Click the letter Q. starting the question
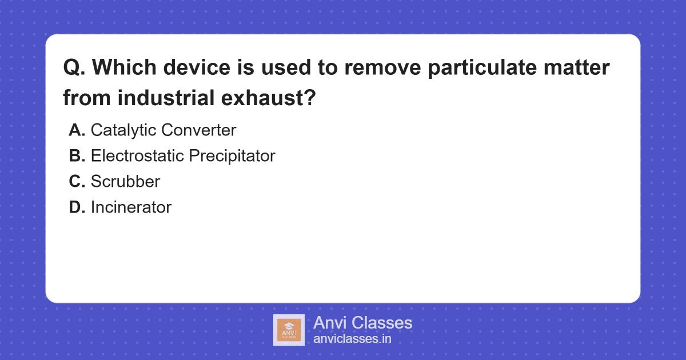[74, 69]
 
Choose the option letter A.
[77, 130]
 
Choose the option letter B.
[77, 156]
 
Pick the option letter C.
[77, 182]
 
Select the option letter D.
[77, 207]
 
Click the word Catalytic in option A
[123, 130]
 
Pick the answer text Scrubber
[125, 182]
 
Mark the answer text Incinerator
[131, 207]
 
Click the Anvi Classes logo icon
[289, 330]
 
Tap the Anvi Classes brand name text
[362, 323]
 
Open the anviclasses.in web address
[352, 339]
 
